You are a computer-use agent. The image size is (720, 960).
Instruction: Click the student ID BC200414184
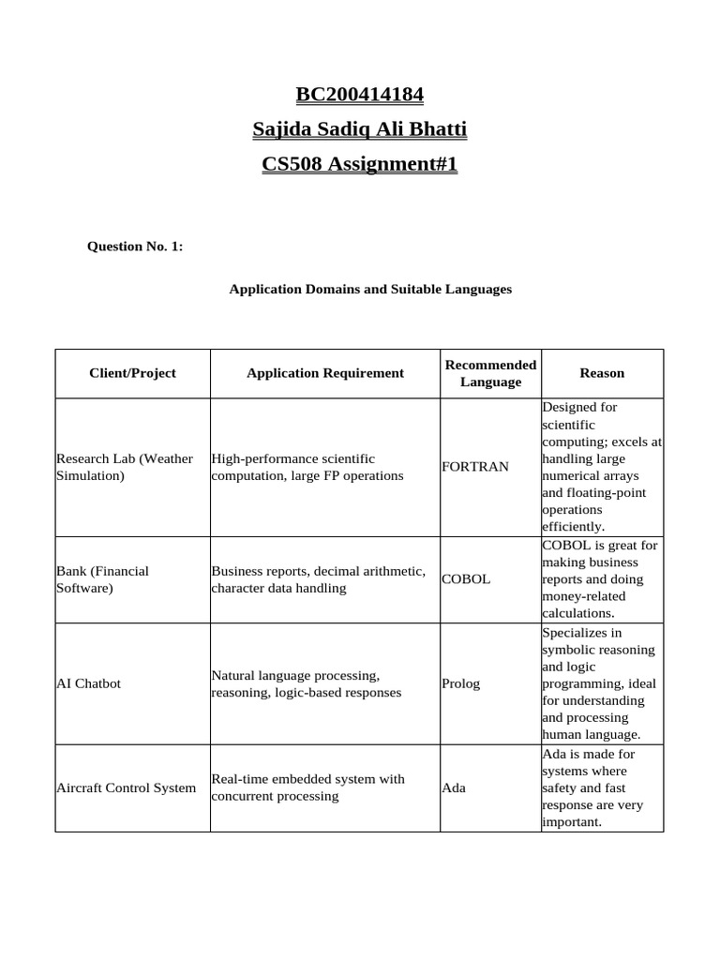click(360, 94)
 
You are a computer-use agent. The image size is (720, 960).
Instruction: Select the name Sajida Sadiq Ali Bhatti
click(360, 128)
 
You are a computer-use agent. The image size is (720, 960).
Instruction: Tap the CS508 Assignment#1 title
click(360, 164)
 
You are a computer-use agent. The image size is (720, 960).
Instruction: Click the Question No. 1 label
click(135, 247)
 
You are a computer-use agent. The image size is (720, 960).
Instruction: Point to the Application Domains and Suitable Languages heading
click(370, 290)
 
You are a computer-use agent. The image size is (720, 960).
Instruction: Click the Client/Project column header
click(132, 373)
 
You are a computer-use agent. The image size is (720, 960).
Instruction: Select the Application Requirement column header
click(325, 373)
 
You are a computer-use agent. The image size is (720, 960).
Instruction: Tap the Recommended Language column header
click(490, 373)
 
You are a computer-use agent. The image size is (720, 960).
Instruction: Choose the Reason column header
click(602, 373)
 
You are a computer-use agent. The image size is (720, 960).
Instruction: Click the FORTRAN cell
click(475, 467)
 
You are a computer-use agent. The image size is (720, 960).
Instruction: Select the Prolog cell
click(460, 683)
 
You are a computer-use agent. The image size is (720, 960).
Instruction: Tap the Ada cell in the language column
click(454, 787)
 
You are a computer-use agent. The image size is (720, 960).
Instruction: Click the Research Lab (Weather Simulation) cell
click(125, 467)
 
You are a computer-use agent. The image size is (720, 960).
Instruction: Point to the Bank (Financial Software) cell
click(103, 579)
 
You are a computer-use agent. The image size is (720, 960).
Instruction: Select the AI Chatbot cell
click(89, 683)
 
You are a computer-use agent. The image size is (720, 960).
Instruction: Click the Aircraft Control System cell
click(127, 787)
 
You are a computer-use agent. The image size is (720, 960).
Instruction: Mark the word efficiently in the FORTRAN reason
click(573, 527)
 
